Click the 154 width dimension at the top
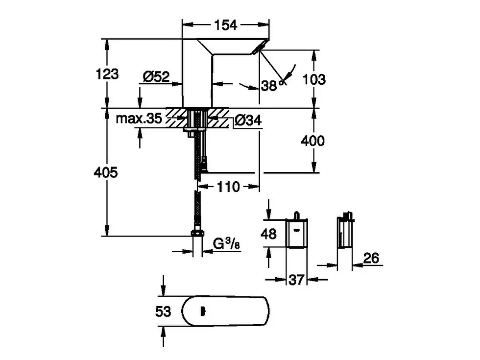226,25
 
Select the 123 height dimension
107,74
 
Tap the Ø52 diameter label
156,76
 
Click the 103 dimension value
314,79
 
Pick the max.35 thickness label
139,118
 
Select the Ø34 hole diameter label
248,120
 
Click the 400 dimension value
312,141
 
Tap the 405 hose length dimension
106,172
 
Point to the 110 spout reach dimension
228,187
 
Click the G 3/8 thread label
226,244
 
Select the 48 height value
268,234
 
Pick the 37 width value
296,280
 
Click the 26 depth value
371,258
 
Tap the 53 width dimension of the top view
163,312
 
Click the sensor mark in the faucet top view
203,312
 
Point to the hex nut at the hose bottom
198,234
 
